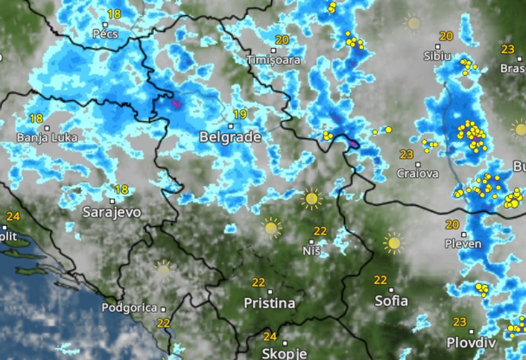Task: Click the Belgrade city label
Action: tap(230, 137)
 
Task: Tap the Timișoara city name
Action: tap(274, 60)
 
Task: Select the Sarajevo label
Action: tap(112, 212)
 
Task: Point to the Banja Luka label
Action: tap(47, 137)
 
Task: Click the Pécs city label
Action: tap(105, 33)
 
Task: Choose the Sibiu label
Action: tap(438, 56)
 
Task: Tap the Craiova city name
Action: tap(418, 173)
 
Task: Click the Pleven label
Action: tap(463, 244)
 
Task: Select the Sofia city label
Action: tap(391, 301)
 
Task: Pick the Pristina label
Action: tap(269, 303)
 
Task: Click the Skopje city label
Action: tap(284, 353)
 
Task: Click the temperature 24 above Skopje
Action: tap(270, 337)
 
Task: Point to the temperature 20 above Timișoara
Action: tap(282, 40)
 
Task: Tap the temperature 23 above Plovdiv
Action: tap(459, 322)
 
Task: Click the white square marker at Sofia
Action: tap(391, 289)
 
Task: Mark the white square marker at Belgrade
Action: tap(231, 126)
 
